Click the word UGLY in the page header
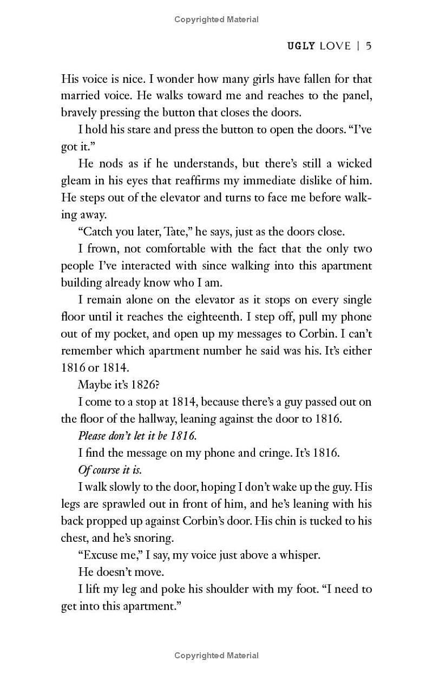pyautogui.click(x=300, y=46)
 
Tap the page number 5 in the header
pyautogui.click(x=368, y=46)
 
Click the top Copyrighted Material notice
pyautogui.click(x=216, y=20)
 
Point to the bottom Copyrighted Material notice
pyautogui.click(x=216, y=656)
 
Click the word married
pyautogui.click(x=81, y=96)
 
